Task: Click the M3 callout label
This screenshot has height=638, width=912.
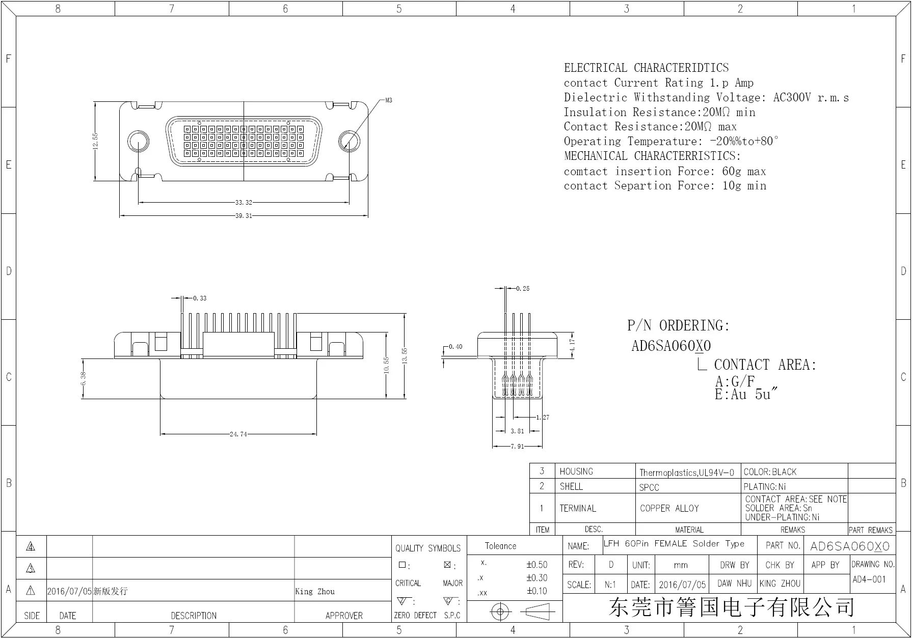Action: [x=389, y=100]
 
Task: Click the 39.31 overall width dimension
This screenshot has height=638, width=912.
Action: [x=244, y=216]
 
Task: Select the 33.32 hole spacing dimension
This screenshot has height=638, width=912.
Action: [x=244, y=203]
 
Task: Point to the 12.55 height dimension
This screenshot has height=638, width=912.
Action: [x=95, y=142]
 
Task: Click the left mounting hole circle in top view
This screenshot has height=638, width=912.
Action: [x=138, y=142]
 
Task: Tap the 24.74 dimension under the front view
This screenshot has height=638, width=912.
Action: [x=238, y=434]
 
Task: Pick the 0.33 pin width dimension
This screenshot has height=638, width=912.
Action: [x=200, y=298]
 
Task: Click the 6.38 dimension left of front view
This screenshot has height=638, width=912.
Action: [x=83, y=378]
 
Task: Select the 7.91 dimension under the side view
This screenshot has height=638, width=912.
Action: [x=517, y=447]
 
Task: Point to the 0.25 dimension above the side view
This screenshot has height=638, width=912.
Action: [x=523, y=289]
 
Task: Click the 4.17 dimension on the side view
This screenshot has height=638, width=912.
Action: [x=572, y=345]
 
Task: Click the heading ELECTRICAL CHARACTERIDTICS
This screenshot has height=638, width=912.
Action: [x=646, y=68]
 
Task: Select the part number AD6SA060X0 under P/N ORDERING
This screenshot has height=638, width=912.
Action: [x=671, y=346]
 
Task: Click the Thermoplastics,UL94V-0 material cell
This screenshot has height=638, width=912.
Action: [x=687, y=473]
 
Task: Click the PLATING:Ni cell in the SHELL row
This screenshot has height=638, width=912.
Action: [x=765, y=487]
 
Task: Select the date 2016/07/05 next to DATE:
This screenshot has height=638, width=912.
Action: [x=682, y=585]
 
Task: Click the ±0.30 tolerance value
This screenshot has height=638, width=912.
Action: [x=537, y=578]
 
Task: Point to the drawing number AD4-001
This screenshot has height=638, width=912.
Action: [x=869, y=579]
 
